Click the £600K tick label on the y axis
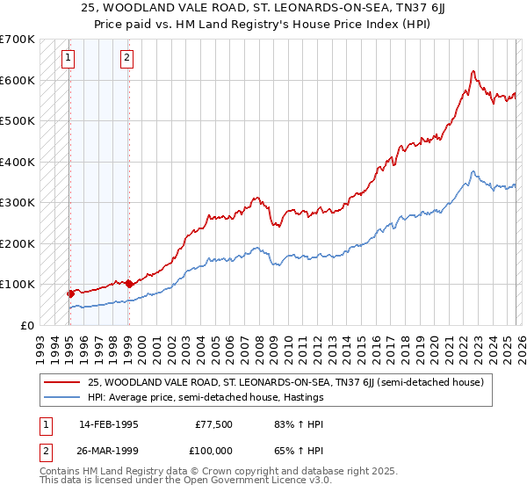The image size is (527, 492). [x=17, y=80]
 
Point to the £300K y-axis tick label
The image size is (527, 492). [x=17, y=203]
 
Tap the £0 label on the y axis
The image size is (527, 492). [x=26, y=325]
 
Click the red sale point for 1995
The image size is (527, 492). [x=70, y=293]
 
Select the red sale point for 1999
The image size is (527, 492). [x=129, y=284]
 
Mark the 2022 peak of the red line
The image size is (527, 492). [x=473, y=71]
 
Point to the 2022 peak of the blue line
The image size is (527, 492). [x=473, y=171]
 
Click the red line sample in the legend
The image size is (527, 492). [x=63, y=382]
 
